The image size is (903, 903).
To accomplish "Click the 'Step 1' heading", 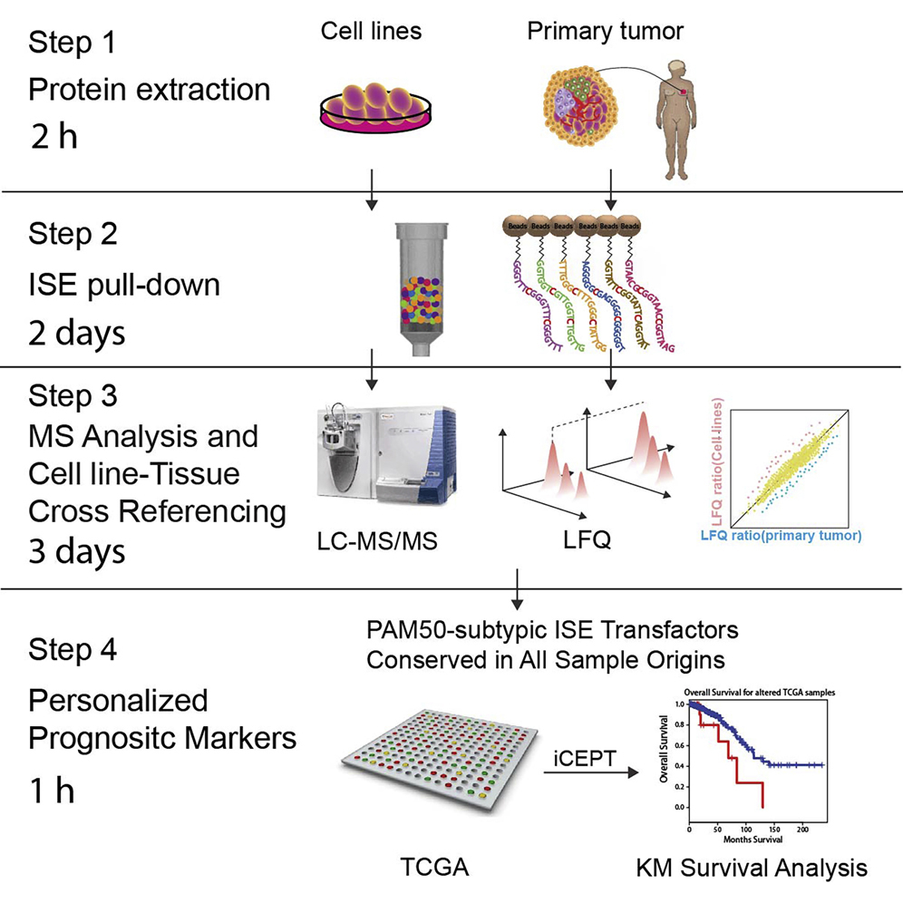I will coord(73,43).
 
